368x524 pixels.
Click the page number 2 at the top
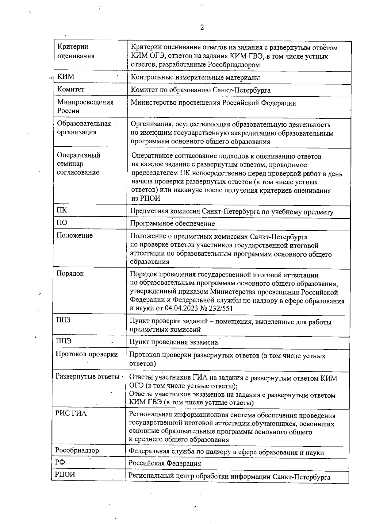coord(202,28)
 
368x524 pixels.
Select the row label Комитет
coord(71,89)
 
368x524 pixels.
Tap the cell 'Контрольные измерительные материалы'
coord(195,77)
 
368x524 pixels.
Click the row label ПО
coord(62,222)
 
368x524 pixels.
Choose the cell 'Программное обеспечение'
coord(172,224)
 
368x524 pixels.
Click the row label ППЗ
coord(63,320)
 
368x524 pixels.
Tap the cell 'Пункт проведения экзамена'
coord(173,342)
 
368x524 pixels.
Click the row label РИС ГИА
coord(71,413)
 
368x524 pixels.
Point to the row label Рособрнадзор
coord(77,450)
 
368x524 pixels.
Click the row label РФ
coord(60,462)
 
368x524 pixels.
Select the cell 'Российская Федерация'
coord(165,463)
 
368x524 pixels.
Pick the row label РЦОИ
coord(65,475)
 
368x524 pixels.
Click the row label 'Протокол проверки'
coord(86,354)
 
